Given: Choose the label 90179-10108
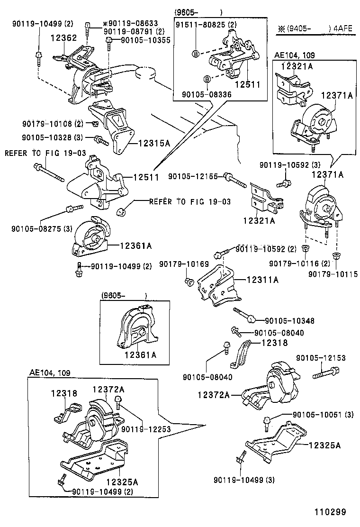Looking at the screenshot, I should pos(45,124).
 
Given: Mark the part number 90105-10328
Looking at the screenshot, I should pos(45,137).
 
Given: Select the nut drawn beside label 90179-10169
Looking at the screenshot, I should pos(189,282).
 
